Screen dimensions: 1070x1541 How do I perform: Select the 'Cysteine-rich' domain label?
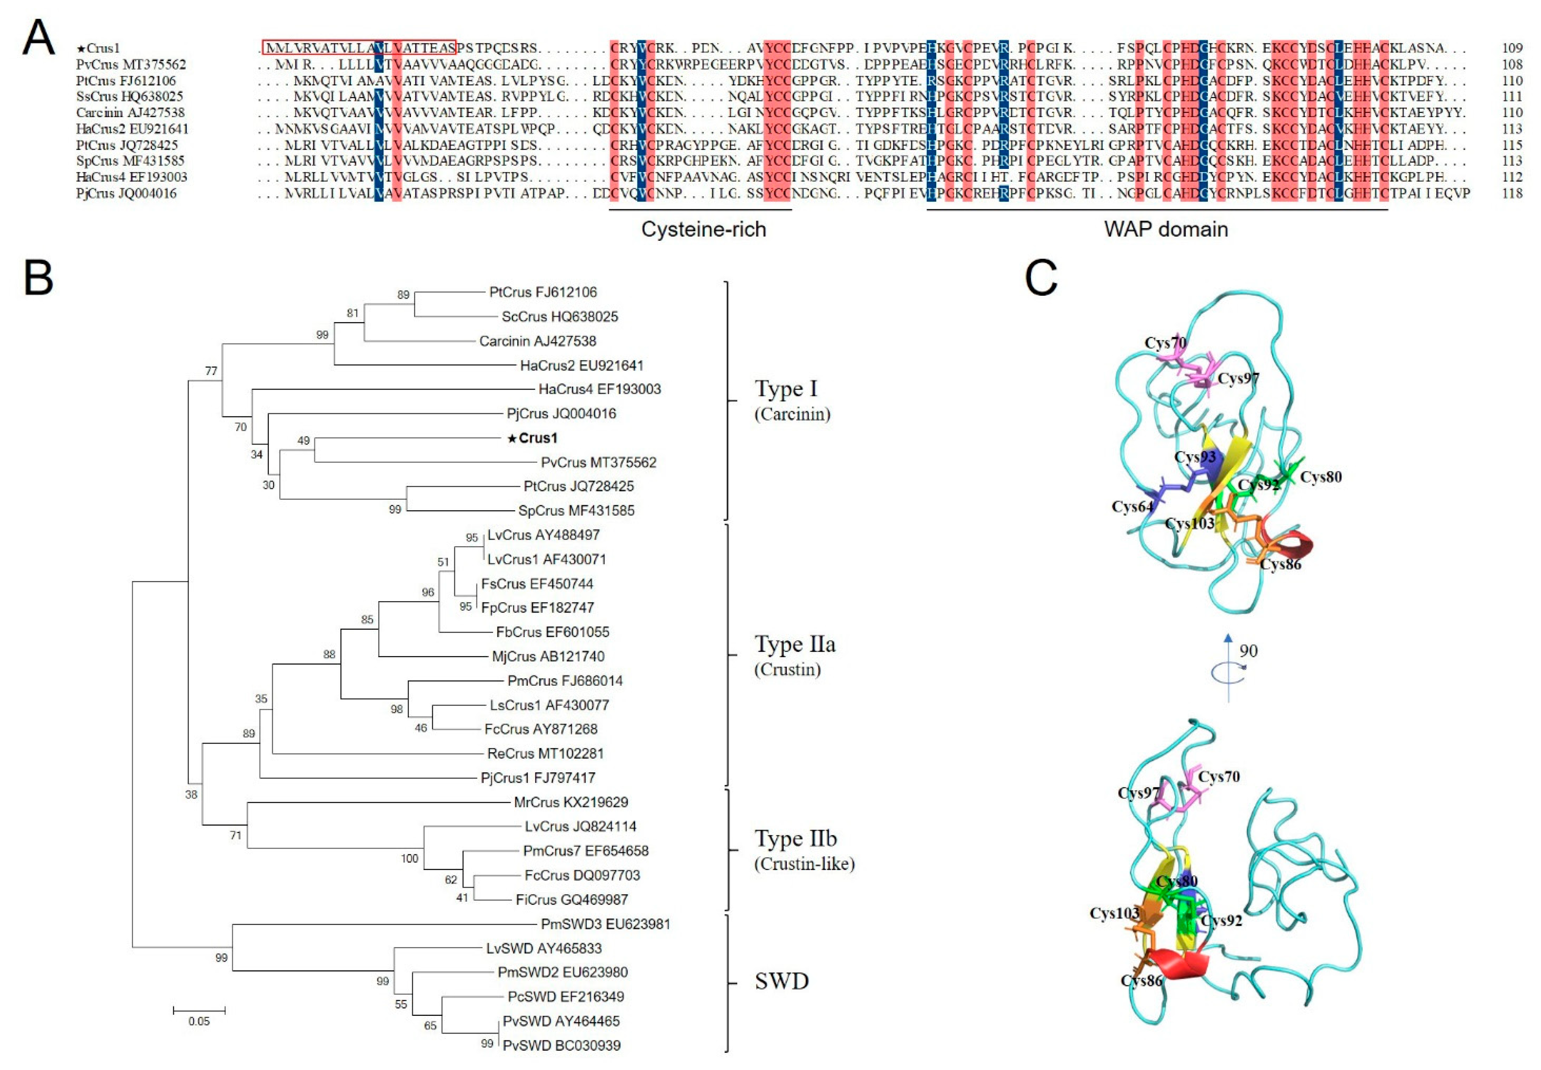pyautogui.click(x=703, y=229)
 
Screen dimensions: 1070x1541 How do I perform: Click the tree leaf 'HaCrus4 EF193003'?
pyautogui.click(x=599, y=389)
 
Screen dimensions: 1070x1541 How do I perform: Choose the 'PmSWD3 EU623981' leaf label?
pyautogui.click(x=605, y=924)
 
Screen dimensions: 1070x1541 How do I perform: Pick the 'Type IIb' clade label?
pyautogui.click(x=796, y=839)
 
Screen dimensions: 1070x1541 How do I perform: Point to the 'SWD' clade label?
pyautogui.click(x=782, y=981)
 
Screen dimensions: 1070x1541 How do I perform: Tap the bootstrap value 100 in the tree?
pyautogui.click(x=409, y=858)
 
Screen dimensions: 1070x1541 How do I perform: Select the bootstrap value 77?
pyautogui.click(x=211, y=371)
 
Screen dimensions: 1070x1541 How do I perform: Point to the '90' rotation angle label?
pyautogui.click(x=1248, y=650)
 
